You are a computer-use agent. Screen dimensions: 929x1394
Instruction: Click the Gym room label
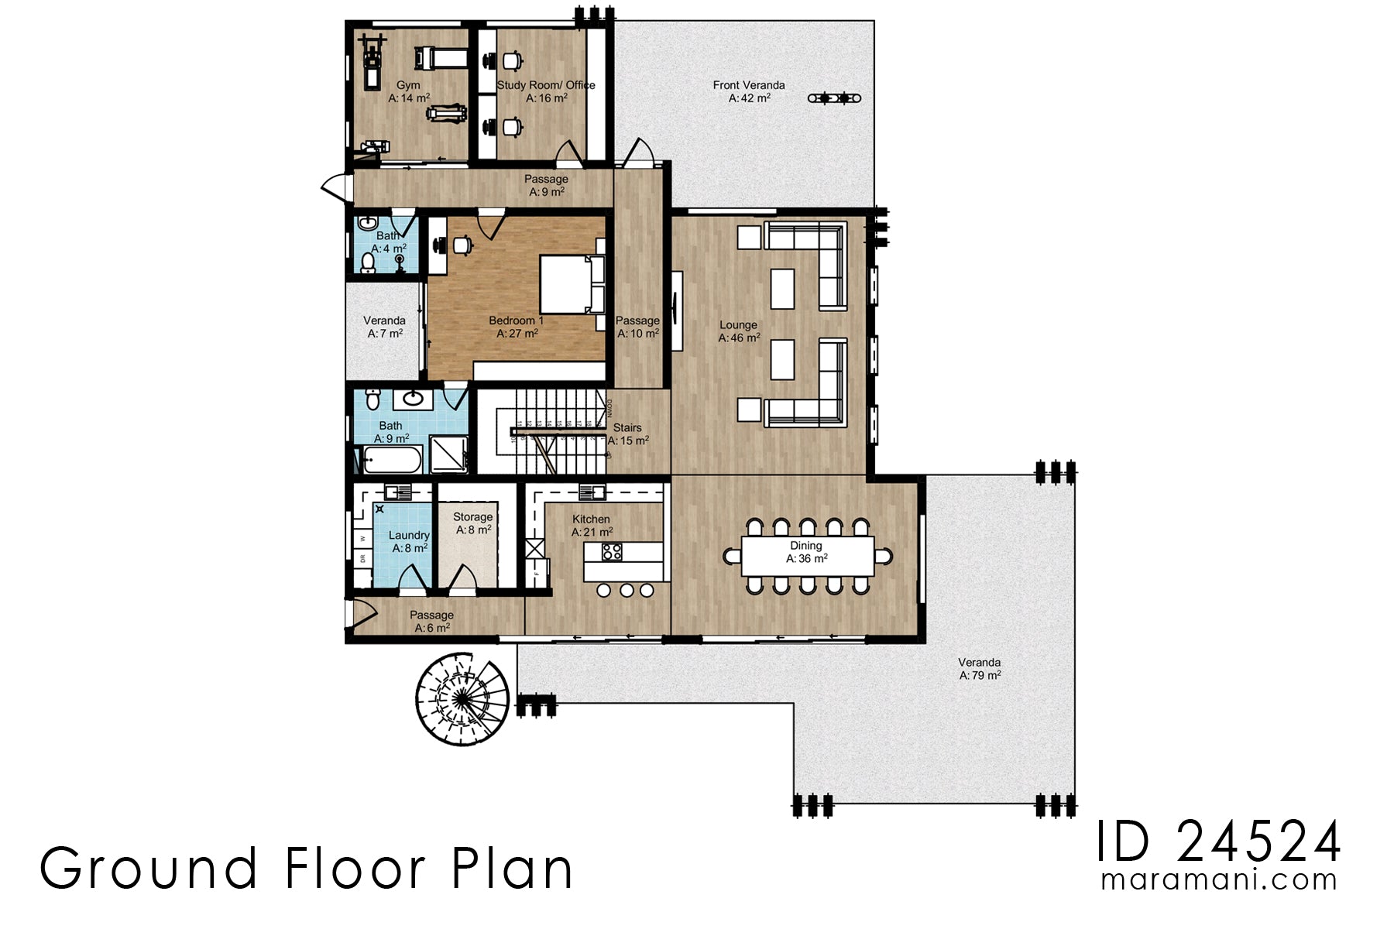408,85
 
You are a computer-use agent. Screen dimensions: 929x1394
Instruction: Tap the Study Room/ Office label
546,85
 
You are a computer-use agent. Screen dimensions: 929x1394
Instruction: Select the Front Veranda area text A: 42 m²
749,98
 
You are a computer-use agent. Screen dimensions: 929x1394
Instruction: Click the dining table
807,555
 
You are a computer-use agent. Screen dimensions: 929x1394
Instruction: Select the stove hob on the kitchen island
612,552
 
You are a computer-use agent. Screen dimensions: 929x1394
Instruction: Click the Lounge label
738,325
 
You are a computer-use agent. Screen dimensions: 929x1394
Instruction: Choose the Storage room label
472,517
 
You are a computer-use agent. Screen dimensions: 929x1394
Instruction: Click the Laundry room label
409,535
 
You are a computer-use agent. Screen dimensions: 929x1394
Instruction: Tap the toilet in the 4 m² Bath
369,263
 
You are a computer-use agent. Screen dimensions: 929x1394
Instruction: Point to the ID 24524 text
1217,842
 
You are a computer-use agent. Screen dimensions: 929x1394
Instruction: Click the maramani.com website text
1219,880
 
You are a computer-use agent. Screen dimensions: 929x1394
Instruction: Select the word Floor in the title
355,869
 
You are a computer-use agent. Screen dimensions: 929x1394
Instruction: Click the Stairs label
627,427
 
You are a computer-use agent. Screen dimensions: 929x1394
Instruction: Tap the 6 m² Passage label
431,615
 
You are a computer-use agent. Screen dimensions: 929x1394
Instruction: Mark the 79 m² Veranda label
979,663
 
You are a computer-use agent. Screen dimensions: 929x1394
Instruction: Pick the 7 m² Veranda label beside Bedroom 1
384,321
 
